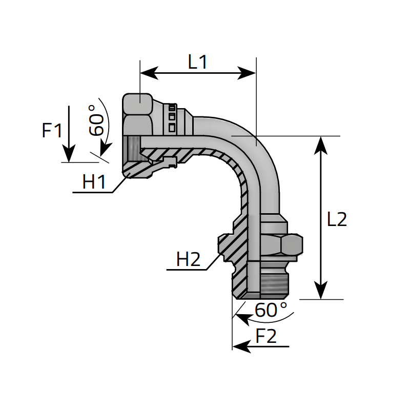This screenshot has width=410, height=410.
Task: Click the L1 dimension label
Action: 197,63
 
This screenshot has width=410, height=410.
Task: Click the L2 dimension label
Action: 337,219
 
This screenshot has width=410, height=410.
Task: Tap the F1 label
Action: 52,131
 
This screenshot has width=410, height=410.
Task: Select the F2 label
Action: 266,336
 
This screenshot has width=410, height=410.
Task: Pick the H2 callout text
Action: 188,259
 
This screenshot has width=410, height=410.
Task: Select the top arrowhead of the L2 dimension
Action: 321,143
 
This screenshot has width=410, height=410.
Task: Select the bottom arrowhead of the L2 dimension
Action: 321,292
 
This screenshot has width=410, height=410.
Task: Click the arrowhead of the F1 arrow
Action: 69,154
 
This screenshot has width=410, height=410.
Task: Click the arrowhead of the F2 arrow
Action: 240,347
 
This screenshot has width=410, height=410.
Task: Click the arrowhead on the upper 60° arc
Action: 105,149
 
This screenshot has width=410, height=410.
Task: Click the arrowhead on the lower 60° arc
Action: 240,316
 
